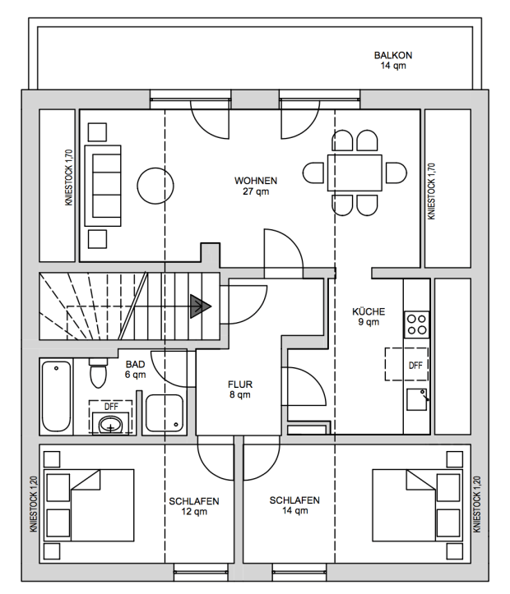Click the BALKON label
pyautogui.click(x=393, y=55)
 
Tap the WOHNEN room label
pyautogui.click(x=256, y=181)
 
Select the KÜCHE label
pyautogui.click(x=369, y=311)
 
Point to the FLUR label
pyautogui.click(x=240, y=384)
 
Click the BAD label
pyautogui.click(x=136, y=365)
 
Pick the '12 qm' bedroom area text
pyautogui.click(x=194, y=511)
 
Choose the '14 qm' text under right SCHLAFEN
pyautogui.click(x=294, y=511)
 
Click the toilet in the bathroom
pyautogui.click(x=99, y=372)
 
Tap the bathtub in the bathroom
pyautogui.click(x=56, y=396)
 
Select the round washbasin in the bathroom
pyautogui.click(x=111, y=425)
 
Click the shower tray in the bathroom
pyautogui.click(x=165, y=413)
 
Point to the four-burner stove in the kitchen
pyautogui.click(x=416, y=325)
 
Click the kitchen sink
pyautogui.click(x=417, y=399)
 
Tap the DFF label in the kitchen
pyautogui.click(x=415, y=366)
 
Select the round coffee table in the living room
pyautogui.click(x=155, y=186)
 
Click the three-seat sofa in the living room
pyautogui.click(x=103, y=186)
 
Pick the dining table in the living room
pyautogui.click(x=355, y=173)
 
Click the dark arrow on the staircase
pyautogui.click(x=200, y=306)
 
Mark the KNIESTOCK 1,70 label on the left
pyautogui.click(x=68, y=177)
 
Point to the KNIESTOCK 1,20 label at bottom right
pyautogui.click(x=477, y=504)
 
